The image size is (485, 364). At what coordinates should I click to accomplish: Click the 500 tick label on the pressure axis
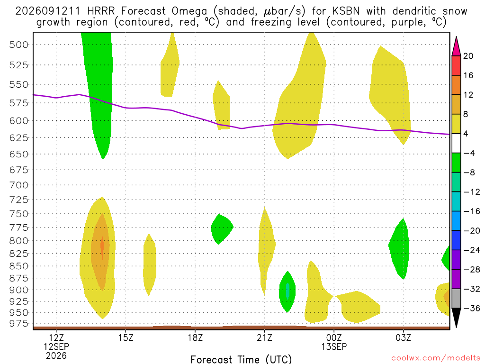18,45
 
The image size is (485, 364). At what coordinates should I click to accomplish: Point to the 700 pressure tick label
18,185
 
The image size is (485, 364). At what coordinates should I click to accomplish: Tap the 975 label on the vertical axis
18,323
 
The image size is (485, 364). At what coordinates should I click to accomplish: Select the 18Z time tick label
195,337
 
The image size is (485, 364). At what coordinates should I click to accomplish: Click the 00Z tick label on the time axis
334,337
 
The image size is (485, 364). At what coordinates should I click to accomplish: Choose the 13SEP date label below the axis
334,346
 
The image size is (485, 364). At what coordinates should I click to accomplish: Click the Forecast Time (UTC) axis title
241,359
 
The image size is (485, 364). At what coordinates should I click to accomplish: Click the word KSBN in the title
346,11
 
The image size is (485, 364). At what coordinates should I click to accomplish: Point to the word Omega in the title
189,12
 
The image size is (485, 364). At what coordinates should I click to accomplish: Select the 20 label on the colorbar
468,56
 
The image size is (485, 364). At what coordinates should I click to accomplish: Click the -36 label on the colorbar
472,308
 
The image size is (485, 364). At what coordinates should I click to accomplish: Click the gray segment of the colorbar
456,299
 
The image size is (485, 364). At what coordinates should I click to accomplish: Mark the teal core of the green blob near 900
287,291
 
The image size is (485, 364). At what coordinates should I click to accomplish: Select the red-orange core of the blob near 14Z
102,247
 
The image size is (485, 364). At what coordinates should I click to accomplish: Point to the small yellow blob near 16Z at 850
149,264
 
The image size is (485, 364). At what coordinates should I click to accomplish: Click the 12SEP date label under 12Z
56,346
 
